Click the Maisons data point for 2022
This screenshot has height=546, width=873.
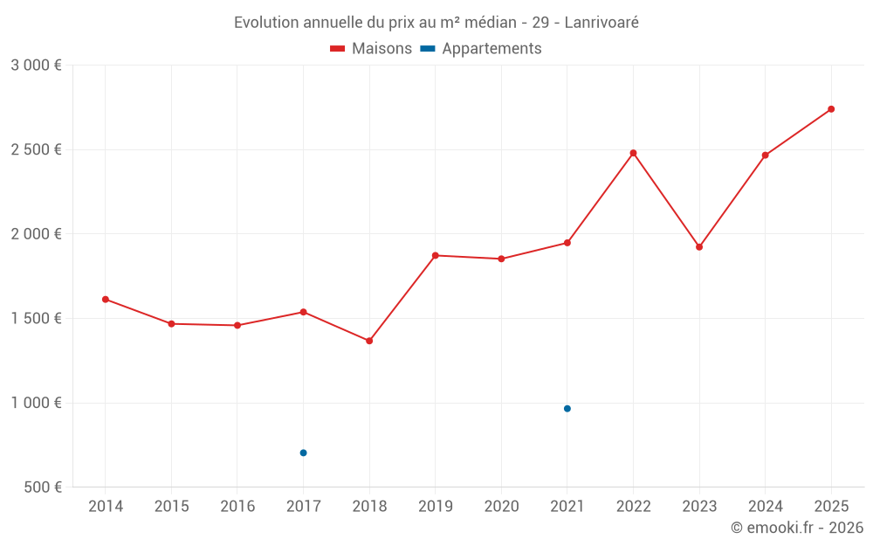click(633, 153)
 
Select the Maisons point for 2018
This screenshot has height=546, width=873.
click(369, 341)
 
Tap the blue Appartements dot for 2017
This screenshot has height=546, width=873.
click(303, 453)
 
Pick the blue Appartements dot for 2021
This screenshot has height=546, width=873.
click(567, 409)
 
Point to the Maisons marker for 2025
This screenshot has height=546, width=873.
click(831, 109)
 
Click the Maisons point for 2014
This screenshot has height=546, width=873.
click(106, 300)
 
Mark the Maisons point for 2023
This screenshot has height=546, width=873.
click(699, 247)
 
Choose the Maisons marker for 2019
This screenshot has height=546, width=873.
click(435, 255)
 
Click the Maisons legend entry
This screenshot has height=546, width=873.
click(371, 49)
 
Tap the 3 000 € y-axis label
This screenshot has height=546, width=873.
click(37, 66)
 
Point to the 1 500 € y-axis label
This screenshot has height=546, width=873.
click(37, 319)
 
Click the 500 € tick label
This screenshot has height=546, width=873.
click(41, 487)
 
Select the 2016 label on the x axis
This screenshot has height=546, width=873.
click(237, 507)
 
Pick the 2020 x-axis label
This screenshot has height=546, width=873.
click(501, 507)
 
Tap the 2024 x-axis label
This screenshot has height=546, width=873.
click(766, 507)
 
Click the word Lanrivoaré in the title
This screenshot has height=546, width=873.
click(601, 23)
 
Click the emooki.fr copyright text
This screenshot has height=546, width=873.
click(796, 528)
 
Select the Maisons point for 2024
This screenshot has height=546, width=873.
click(766, 156)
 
